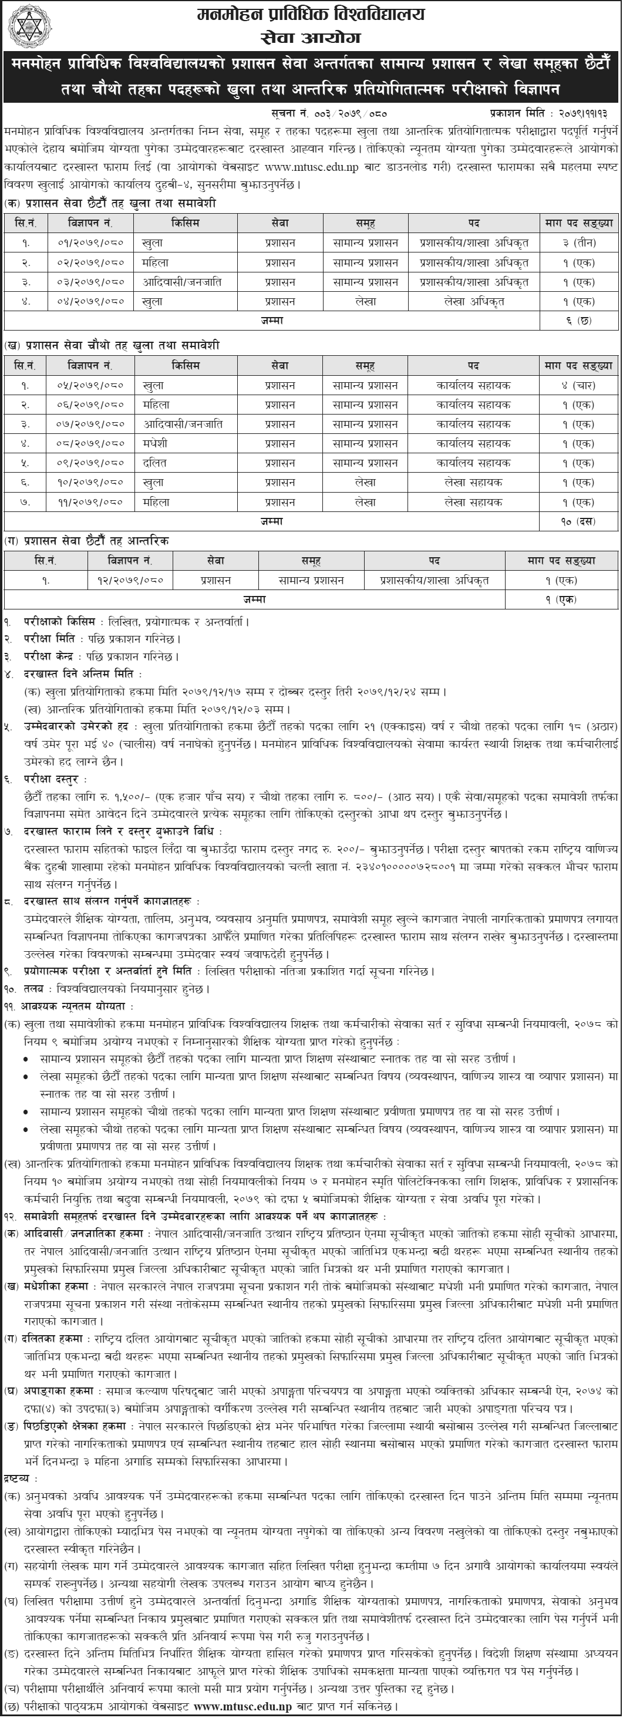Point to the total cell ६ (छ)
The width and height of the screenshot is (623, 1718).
[578, 321]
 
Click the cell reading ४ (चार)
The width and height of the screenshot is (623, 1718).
[578, 386]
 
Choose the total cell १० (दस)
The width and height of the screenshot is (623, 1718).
[578, 521]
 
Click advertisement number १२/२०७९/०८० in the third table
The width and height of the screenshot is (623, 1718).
[131, 580]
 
